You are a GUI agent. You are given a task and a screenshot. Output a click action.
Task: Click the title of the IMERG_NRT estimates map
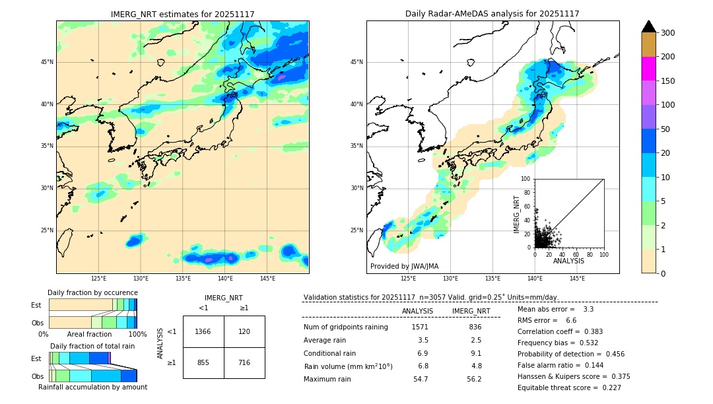point(182,14)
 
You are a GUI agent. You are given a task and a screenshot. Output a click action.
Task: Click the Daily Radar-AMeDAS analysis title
point(492,14)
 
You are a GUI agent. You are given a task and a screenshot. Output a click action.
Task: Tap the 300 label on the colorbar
point(667,33)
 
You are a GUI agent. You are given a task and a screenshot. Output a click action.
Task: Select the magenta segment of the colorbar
point(648,69)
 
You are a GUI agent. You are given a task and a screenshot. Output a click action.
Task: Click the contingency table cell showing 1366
point(203,331)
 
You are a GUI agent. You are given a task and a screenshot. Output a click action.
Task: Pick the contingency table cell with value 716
point(244,362)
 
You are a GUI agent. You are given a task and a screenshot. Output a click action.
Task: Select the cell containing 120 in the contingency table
point(244,331)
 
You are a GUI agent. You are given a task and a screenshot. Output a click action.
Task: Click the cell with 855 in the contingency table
point(203,362)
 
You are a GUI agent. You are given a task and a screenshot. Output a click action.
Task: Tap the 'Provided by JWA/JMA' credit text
point(404,267)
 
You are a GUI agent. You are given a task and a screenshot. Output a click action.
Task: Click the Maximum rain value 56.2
point(474,380)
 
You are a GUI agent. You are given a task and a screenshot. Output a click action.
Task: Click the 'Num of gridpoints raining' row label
point(346,327)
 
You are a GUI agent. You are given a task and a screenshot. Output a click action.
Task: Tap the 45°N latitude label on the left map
point(47,62)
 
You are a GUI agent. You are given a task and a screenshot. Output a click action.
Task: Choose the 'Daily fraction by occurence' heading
point(92,292)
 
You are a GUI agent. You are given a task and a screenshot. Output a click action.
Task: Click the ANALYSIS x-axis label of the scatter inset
point(568,261)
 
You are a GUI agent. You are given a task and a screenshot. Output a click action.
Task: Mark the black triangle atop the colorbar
point(649,26)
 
